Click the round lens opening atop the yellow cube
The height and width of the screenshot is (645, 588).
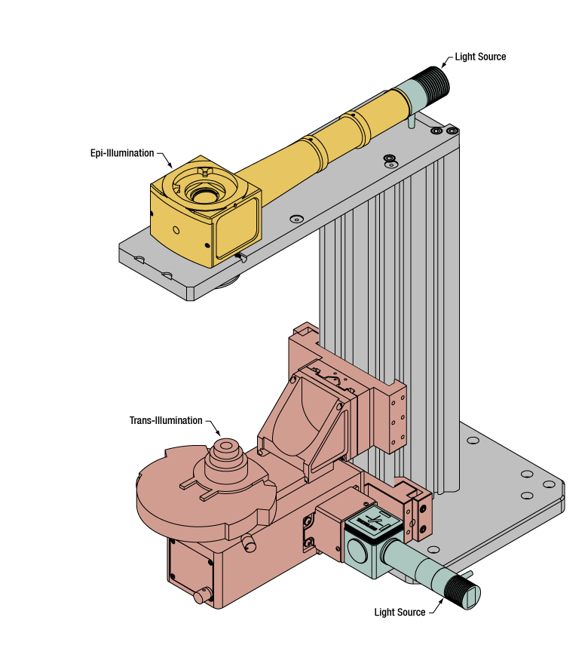pyautogui.click(x=203, y=195)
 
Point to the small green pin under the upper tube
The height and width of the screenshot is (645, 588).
pyautogui.click(x=412, y=121)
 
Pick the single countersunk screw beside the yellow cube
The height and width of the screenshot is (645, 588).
pyautogui.click(x=296, y=219)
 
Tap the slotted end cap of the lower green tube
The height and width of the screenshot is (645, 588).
pyautogui.click(x=470, y=597)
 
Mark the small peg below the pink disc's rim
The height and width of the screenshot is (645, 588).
pyautogui.click(x=249, y=542)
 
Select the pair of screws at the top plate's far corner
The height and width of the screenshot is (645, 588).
pyautogui.click(x=444, y=131)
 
